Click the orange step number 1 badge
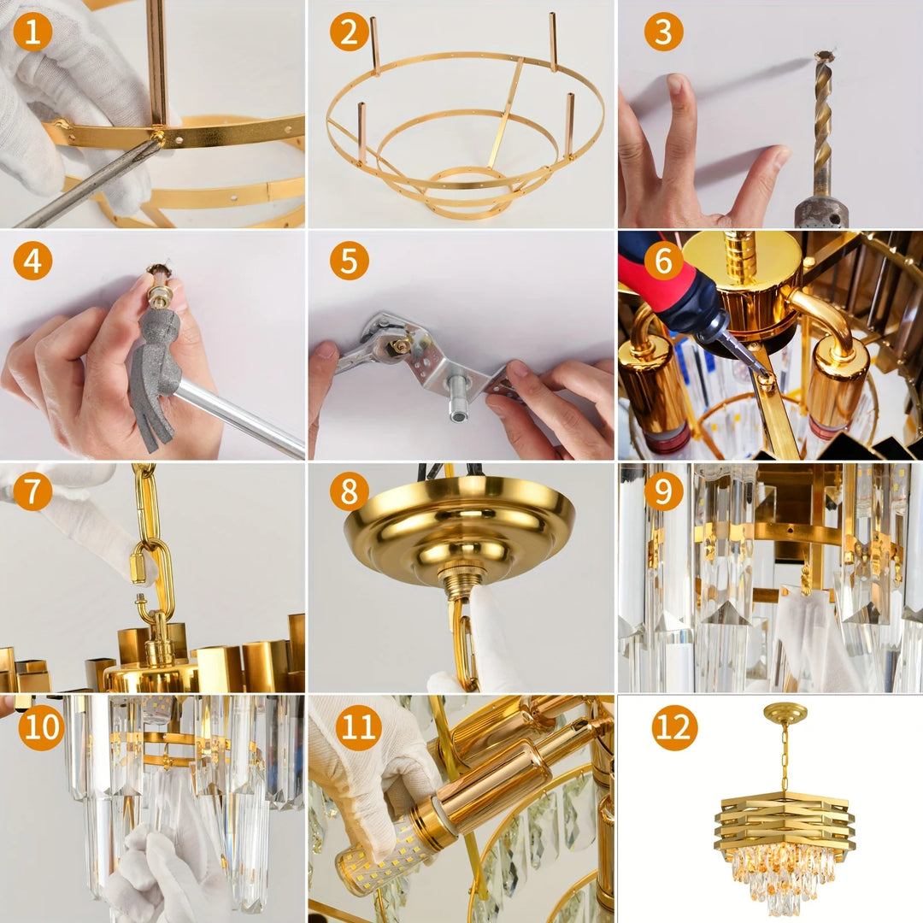pos(32,32)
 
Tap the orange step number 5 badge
pos(349,261)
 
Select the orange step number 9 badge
pos(663,491)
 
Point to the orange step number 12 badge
pos(674,728)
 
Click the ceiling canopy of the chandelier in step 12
pos(785,713)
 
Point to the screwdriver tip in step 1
pos(156,142)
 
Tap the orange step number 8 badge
pos(349,491)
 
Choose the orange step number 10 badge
pos(41,728)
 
